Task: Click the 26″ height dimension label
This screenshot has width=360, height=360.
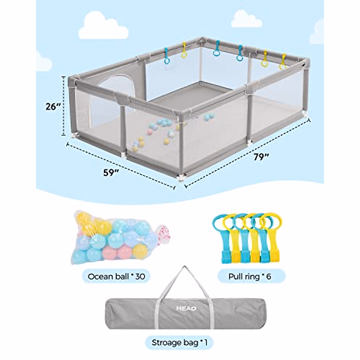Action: tap(53, 106)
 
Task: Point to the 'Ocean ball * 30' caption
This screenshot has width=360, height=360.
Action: tap(116, 276)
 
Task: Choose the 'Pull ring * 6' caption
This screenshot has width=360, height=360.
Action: tap(250, 276)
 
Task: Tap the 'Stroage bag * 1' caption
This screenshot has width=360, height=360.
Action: tap(179, 342)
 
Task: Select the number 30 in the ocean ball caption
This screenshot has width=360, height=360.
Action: tap(140, 276)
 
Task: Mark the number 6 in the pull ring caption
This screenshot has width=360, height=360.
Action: tap(268, 276)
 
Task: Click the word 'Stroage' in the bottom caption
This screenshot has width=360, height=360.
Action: tap(167, 342)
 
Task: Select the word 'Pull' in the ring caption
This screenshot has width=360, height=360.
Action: tap(235, 276)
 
